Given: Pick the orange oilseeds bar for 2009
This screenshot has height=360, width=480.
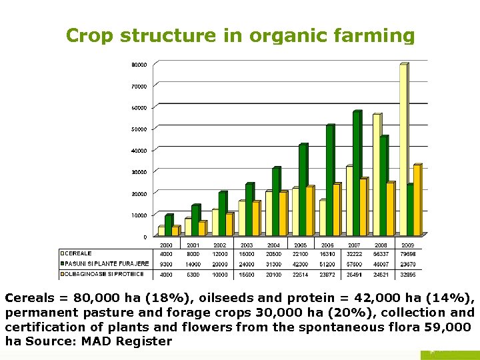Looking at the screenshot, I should tap(417, 200).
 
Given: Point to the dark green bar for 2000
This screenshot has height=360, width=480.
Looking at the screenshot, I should tap(168, 225).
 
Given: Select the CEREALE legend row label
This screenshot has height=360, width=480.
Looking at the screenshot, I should tap(79, 253).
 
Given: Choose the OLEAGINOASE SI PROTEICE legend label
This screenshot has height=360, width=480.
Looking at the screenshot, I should tap(104, 273).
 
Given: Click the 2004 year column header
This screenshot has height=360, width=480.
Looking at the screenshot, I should tap(273, 245).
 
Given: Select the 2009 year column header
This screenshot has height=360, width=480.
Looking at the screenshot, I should tap(407, 245).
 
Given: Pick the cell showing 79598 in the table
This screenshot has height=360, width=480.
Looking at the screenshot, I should tap(407, 253).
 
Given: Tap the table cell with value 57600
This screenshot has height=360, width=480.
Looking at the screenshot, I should tap(354, 264).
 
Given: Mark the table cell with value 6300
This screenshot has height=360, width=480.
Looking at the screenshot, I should tap(193, 273).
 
